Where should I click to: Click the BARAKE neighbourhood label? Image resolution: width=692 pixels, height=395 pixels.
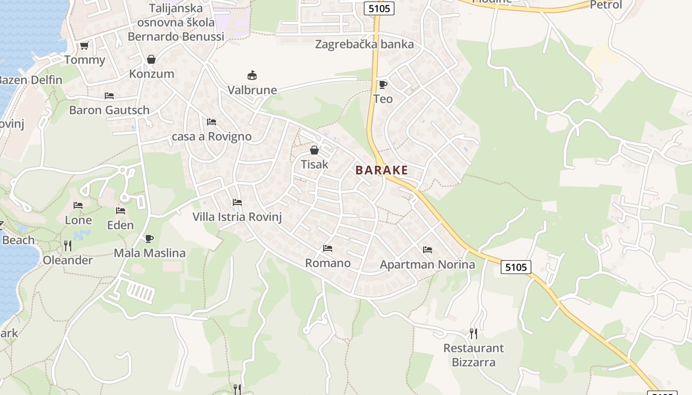tap(382, 170)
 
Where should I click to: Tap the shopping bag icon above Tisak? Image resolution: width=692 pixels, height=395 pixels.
tap(314, 150)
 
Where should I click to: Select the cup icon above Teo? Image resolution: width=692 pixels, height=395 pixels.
tap(383, 84)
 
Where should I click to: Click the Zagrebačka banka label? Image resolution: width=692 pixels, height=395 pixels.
tap(364, 44)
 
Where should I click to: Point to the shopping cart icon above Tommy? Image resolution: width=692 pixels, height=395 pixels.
tap(84, 46)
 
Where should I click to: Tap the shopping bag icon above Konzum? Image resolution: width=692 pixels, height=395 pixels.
tap(151, 60)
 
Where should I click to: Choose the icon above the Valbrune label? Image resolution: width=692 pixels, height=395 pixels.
tap(252, 76)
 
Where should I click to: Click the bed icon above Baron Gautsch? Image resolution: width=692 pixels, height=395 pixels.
tap(109, 96)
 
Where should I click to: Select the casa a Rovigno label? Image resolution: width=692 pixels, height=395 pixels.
tap(212, 136)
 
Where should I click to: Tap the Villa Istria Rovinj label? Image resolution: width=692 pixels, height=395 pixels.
tap(237, 217)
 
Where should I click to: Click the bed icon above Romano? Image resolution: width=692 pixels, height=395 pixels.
tap(327, 248)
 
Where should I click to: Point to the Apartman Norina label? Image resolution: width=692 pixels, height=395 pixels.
tap(427, 265)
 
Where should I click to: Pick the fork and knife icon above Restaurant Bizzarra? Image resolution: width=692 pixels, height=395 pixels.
tap(474, 334)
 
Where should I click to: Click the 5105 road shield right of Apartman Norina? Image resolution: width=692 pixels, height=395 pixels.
tap(516, 267)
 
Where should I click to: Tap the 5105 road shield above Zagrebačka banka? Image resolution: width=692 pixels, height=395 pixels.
tap(380, 8)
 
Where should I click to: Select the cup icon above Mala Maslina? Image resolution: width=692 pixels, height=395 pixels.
tap(149, 239)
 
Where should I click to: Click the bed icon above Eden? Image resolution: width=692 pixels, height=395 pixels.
tap(121, 211)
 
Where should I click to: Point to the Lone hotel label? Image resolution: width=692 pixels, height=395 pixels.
tap(78, 220)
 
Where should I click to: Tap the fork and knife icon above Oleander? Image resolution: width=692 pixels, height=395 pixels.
tap(68, 246)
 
